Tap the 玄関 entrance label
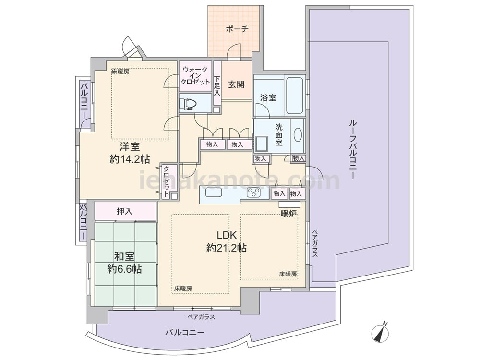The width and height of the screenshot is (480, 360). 236,84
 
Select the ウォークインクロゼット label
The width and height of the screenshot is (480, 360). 195,76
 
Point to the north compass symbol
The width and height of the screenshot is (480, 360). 381,332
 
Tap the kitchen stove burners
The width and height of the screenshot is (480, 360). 254,193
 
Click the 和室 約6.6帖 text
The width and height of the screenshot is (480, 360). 124,263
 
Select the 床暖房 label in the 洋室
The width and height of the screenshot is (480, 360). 120,72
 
